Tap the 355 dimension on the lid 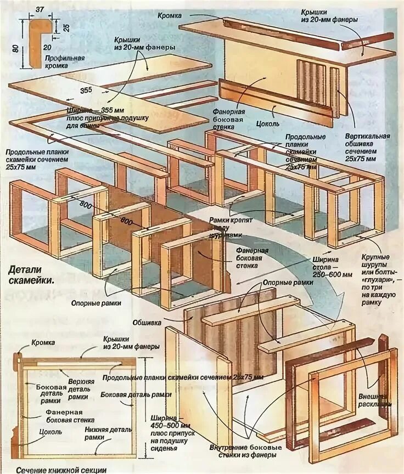85,90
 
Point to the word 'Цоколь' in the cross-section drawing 50,432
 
